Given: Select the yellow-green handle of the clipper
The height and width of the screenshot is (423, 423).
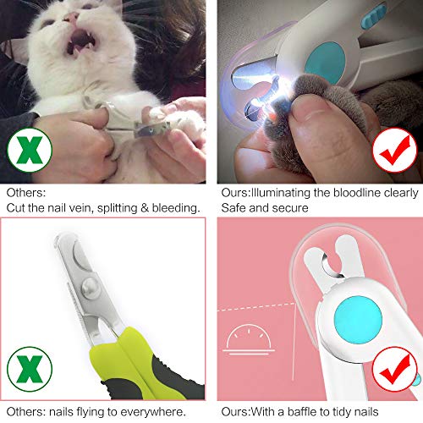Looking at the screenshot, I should pyautogui.click(x=169, y=355).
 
